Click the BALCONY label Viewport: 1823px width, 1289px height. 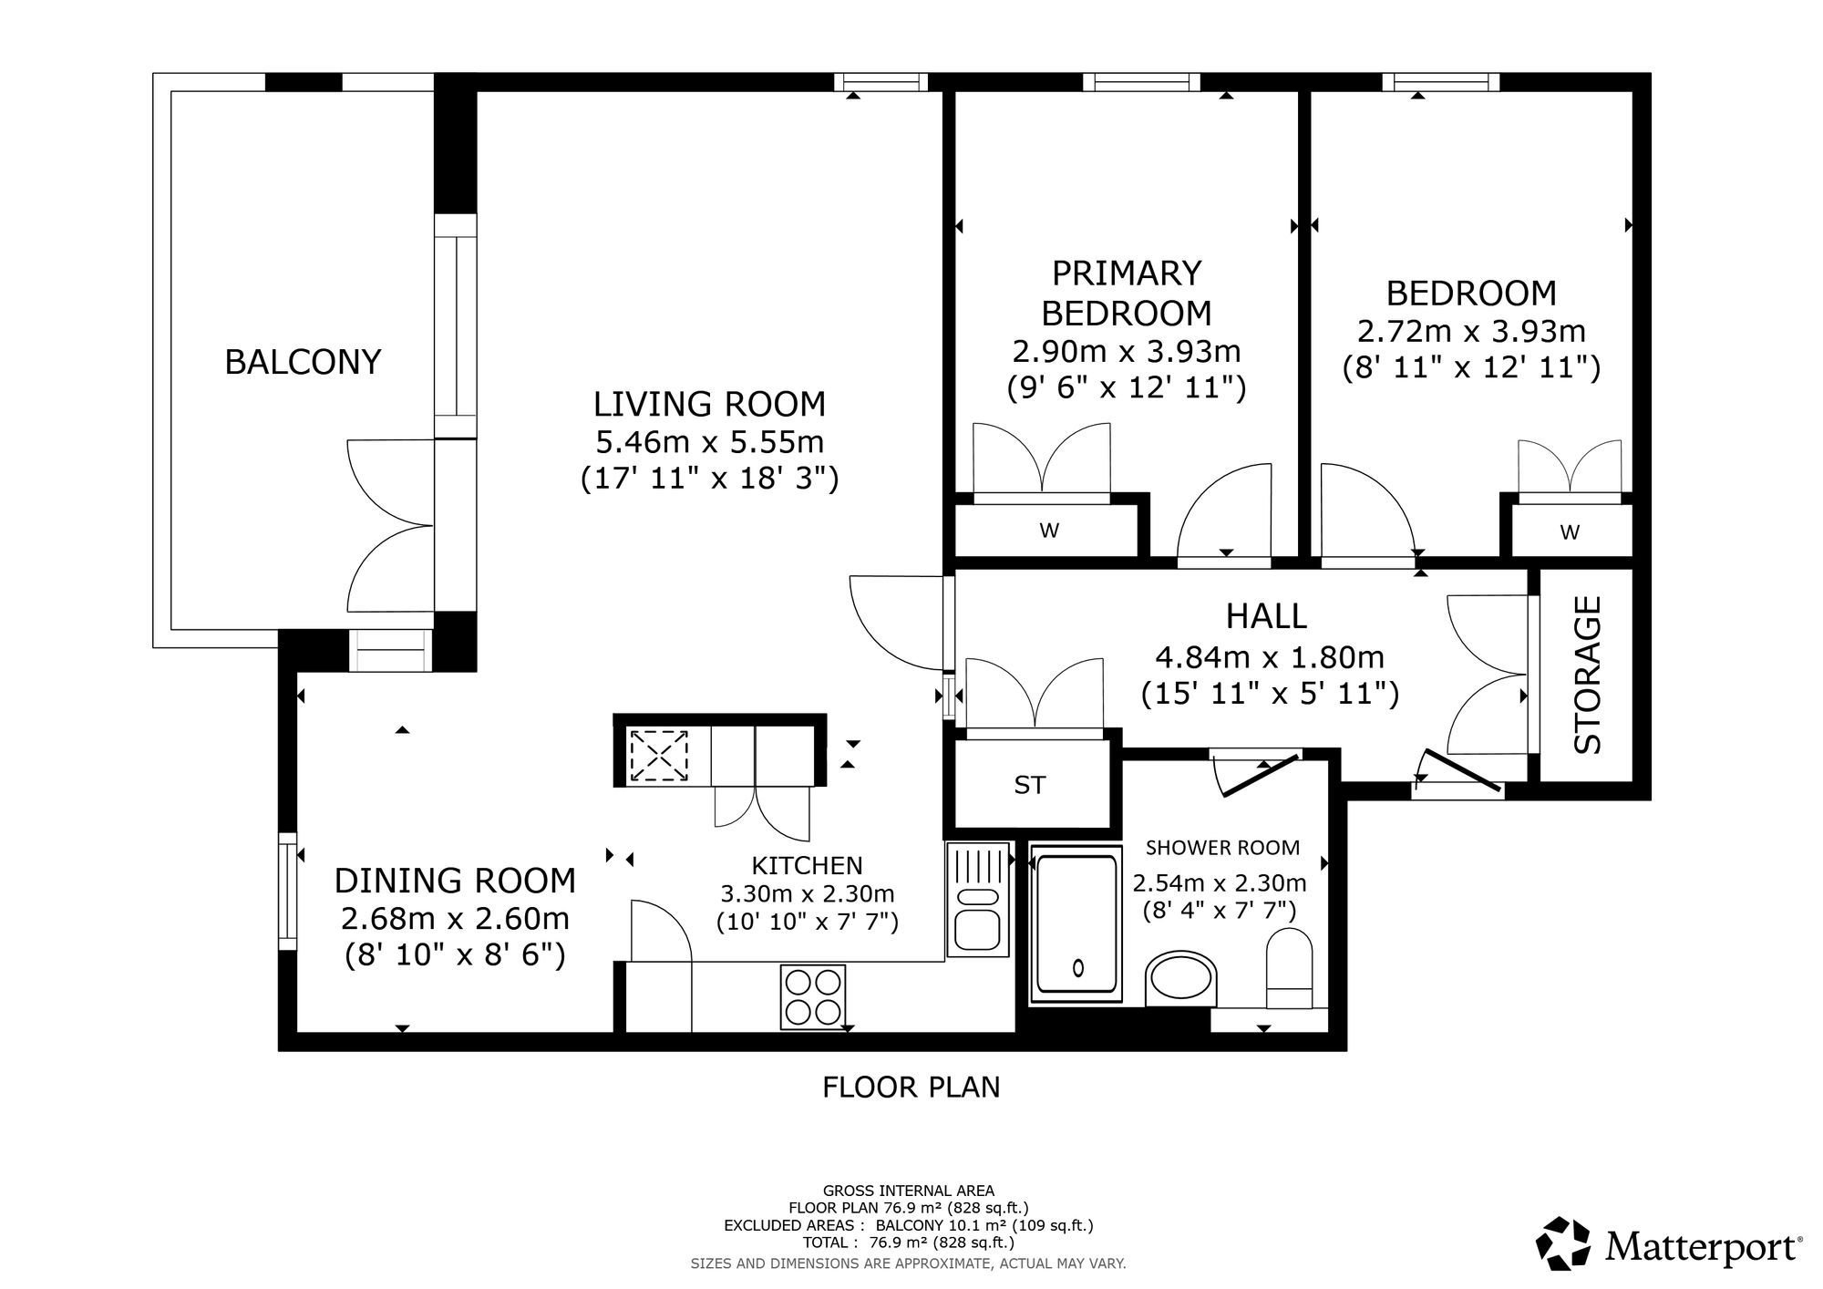303,362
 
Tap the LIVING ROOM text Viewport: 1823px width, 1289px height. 709,404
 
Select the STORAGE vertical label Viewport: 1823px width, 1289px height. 1589,675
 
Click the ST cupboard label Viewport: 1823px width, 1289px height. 1030,785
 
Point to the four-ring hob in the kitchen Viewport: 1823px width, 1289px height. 813,997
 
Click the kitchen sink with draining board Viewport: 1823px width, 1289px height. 978,899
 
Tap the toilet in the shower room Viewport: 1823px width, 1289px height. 1289,968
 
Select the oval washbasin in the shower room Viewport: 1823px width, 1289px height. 1180,979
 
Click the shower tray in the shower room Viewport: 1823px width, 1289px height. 1076,925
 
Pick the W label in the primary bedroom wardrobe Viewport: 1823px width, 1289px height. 1049,531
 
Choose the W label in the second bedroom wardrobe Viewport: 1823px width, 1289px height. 1570,532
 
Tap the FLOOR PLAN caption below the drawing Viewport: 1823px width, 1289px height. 911,1087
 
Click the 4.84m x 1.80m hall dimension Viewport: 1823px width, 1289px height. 1270,656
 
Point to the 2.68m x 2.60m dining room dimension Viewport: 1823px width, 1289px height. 455,917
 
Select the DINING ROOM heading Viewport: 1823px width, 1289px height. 455,881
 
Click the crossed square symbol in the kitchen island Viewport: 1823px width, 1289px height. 659,754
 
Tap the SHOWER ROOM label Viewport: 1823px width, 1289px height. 1222,848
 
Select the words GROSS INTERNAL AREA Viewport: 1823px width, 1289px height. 909,1191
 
